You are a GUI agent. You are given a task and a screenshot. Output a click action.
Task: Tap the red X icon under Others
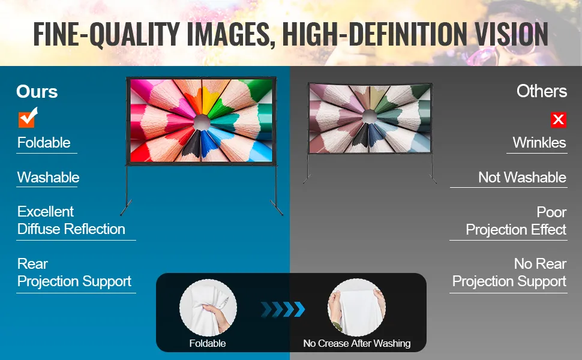pyautogui.click(x=558, y=120)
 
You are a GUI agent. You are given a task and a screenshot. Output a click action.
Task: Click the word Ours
pyautogui.click(x=37, y=91)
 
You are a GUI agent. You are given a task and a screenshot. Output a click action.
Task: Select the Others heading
pyautogui.click(x=542, y=91)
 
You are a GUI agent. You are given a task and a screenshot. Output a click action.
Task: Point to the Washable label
pyautogui.click(x=48, y=178)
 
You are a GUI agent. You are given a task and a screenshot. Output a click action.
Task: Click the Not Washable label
pyautogui.click(x=522, y=178)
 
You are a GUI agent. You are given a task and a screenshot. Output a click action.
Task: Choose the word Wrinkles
pyautogui.click(x=539, y=143)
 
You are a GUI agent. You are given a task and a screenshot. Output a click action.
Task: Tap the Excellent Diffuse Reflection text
pyautogui.click(x=71, y=220)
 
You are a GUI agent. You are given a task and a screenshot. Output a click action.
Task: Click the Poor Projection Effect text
pyautogui.click(x=516, y=221)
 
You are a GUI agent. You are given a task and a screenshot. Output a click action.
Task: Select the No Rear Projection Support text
pyautogui.click(x=509, y=273)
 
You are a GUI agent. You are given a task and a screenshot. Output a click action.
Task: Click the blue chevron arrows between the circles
pyautogui.click(x=283, y=310)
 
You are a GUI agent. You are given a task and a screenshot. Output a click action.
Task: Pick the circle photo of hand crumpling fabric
pyautogui.click(x=208, y=308)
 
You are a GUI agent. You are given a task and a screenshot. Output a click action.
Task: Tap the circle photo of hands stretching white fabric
pyautogui.click(x=356, y=308)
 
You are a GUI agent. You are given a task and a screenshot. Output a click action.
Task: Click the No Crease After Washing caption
pyautogui.click(x=356, y=343)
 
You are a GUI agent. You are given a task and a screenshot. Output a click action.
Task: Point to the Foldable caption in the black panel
pyautogui.click(x=208, y=343)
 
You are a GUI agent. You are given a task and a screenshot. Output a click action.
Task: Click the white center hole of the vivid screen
pyautogui.click(x=202, y=122)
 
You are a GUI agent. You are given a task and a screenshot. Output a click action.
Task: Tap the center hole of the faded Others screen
pyautogui.click(x=370, y=117)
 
